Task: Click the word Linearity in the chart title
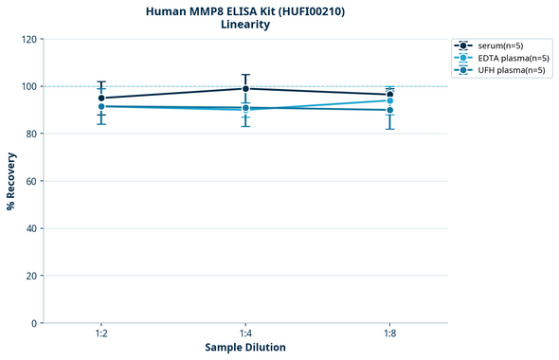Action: click(x=245, y=25)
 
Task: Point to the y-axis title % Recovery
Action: click(x=11, y=181)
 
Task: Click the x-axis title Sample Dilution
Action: click(x=245, y=348)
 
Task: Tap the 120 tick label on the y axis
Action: click(x=28, y=40)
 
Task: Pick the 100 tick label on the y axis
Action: click(x=28, y=87)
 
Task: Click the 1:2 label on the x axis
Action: click(x=101, y=334)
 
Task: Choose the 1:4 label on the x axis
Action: click(x=245, y=334)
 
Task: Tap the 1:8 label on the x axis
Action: click(x=389, y=334)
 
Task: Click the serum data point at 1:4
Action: click(x=245, y=89)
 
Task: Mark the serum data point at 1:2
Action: click(x=101, y=98)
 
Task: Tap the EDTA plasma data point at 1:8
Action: click(x=389, y=100)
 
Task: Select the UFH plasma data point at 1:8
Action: click(x=389, y=110)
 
